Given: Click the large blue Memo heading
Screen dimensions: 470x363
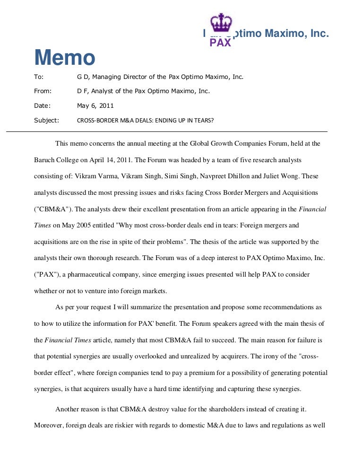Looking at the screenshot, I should tap(65, 58).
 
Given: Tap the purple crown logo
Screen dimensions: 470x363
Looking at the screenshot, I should tap(221, 24).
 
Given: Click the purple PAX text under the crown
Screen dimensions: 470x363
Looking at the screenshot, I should tap(220, 43).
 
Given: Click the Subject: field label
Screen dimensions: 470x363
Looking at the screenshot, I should tap(46, 121).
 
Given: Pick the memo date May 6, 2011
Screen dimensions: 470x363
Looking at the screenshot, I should tap(95, 106).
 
